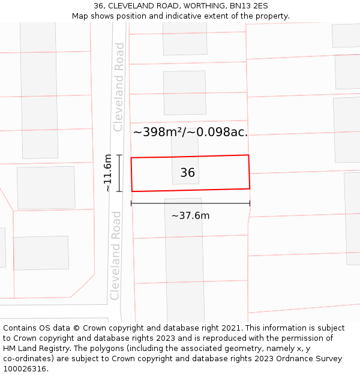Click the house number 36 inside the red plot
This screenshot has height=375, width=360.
pos(187,173)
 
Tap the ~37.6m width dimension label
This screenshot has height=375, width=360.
pos(190,216)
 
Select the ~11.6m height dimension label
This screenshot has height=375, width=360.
pos(108,173)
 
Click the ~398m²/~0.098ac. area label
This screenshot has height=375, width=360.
pos(190,132)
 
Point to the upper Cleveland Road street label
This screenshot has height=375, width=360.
pos(119,87)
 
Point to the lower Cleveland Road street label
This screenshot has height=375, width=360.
pos(116,255)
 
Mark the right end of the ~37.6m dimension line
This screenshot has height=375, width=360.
pos(250,204)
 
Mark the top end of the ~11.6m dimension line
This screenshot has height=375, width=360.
pos(119,155)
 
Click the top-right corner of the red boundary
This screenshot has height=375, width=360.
pos(248,155)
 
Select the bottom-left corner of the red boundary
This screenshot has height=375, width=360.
pos(132,191)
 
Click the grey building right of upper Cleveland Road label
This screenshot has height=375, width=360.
pos(185,92)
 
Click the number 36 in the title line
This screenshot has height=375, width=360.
pos(99,6)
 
